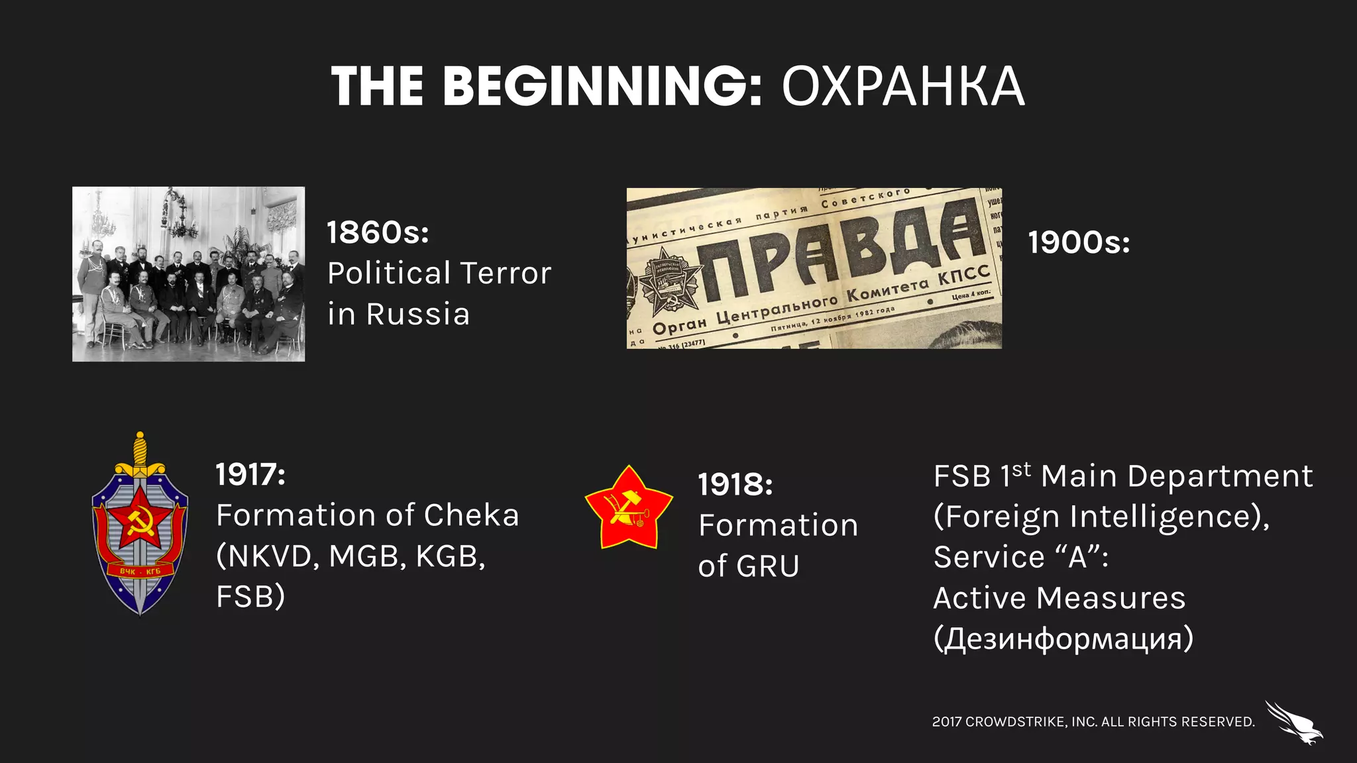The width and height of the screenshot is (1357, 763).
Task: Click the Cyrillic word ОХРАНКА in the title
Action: point(903,87)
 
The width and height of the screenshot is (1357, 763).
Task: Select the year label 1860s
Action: point(378,232)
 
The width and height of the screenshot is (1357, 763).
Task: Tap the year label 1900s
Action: point(1079,242)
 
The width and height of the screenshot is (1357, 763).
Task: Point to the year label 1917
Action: point(250,475)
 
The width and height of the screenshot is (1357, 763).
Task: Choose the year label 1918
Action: point(735,485)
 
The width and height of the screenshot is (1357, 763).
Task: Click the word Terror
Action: point(505,274)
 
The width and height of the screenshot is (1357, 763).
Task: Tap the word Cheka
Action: point(471,515)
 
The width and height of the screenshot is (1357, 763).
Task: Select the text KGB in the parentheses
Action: point(449,556)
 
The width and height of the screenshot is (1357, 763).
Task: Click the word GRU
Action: point(767,566)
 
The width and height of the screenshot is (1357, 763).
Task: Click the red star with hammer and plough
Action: point(628,507)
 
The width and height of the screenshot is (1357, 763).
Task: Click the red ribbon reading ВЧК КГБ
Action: point(140,571)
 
